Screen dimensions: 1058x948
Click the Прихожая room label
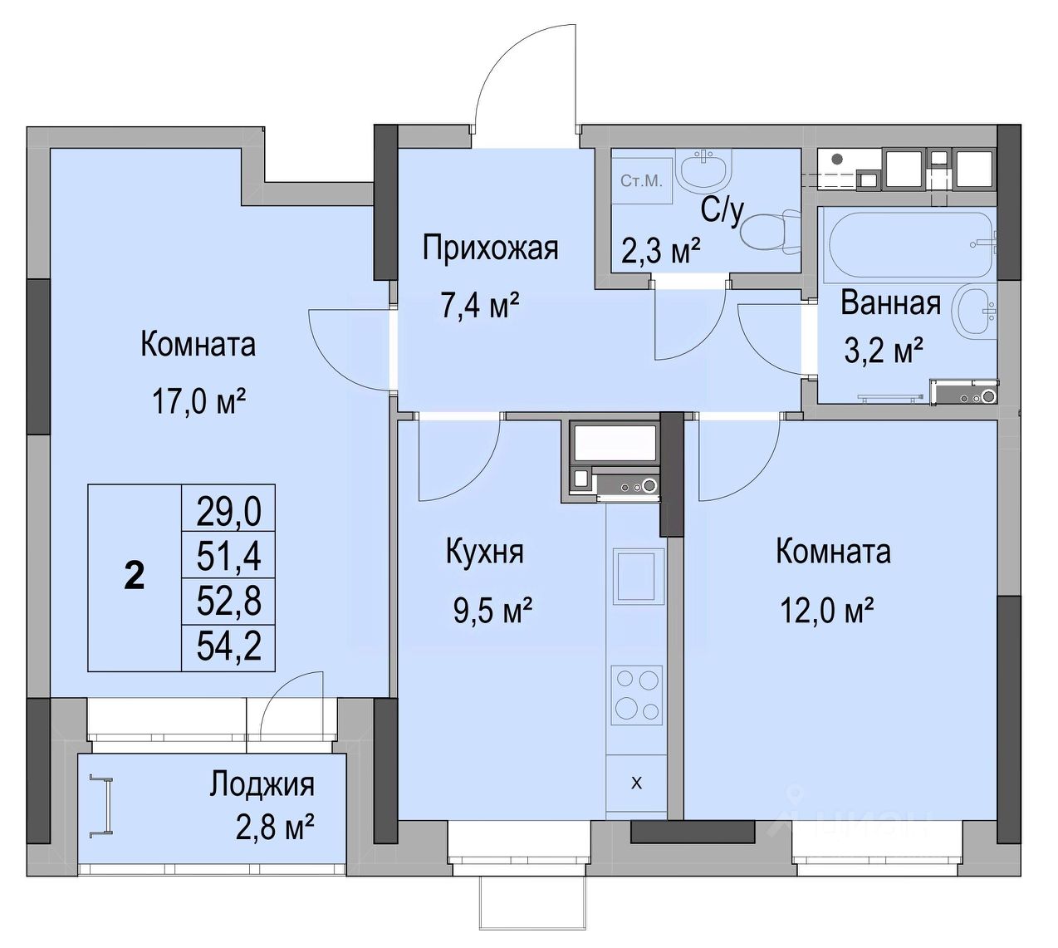(490, 248)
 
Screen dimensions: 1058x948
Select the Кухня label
(485, 553)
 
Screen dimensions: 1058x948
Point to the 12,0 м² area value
(827, 611)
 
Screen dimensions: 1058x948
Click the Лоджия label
(262, 785)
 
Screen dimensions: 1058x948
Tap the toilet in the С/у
(771, 232)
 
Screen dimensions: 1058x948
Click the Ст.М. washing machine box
(642, 181)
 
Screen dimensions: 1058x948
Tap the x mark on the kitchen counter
(637, 783)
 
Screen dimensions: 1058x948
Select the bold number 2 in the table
(135, 577)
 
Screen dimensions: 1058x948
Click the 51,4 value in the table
(228, 556)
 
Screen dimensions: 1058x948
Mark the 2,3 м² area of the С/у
(660, 252)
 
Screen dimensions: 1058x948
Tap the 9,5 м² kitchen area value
(493, 612)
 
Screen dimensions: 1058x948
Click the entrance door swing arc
(514, 57)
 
